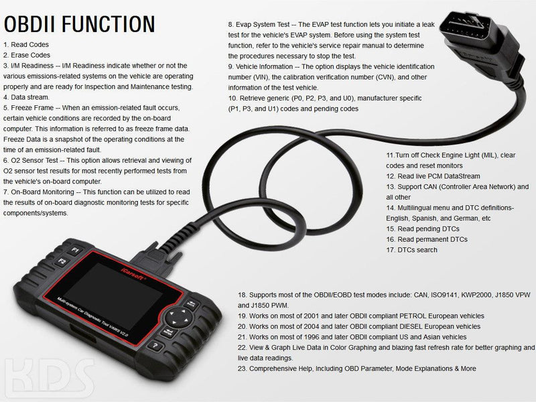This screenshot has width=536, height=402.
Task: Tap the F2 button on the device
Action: pyautogui.click(x=62, y=262)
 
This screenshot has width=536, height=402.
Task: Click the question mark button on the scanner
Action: pyautogui.click(x=156, y=346)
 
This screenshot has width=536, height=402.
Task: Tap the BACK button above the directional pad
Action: pyautogui.click(x=191, y=304)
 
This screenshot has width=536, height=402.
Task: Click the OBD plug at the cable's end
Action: pyautogui.click(x=478, y=41)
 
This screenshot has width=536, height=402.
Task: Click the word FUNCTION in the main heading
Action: pyautogui.click(x=109, y=24)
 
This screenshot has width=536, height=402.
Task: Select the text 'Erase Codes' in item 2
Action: pyautogui.click(x=30, y=55)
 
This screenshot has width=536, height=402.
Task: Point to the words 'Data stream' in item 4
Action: pyautogui.click(x=29, y=97)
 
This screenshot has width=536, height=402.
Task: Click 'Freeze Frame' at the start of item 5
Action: pyautogui.click(x=32, y=108)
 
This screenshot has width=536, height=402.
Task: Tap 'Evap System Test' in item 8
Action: pyautogui.click(x=263, y=25)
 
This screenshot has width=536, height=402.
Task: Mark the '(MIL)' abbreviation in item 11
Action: pyautogui.click(x=489, y=155)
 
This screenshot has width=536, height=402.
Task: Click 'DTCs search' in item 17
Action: pyautogui.click(x=417, y=250)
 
